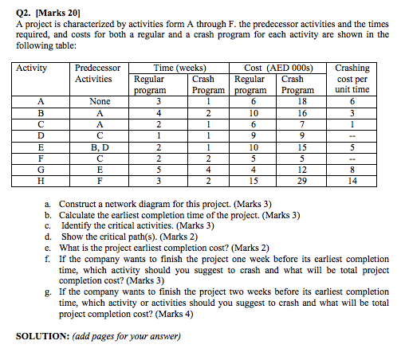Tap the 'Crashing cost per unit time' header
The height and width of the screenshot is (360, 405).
tap(352, 79)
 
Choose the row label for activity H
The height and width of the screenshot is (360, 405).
tap(41, 181)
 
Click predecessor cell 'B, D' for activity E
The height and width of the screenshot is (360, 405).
tap(100, 147)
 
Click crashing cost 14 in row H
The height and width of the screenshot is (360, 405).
tap(352, 181)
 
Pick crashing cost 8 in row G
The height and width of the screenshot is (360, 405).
tap(352, 170)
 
